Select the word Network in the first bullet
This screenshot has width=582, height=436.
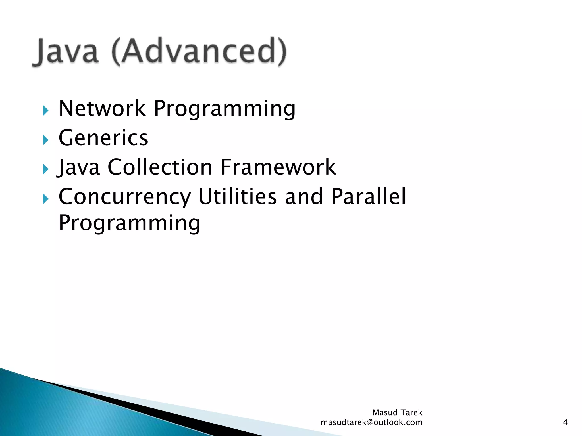(x=102, y=109)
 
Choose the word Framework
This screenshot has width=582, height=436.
(x=278, y=167)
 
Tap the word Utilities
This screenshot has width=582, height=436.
(x=237, y=196)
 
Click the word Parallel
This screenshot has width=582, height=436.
(x=369, y=196)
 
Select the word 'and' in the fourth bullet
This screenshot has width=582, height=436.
(x=304, y=196)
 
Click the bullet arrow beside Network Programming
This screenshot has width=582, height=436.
(x=46, y=110)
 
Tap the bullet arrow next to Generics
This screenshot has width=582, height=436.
(x=46, y=140)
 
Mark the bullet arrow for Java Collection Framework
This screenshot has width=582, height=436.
(x=46, y=169)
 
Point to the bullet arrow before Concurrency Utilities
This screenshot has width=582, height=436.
(x=46, y=199)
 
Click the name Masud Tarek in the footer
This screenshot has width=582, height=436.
(x=397, y=412)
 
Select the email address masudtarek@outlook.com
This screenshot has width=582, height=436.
(x=371, y=422)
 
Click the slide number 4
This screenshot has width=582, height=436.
(x=565, y=422)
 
